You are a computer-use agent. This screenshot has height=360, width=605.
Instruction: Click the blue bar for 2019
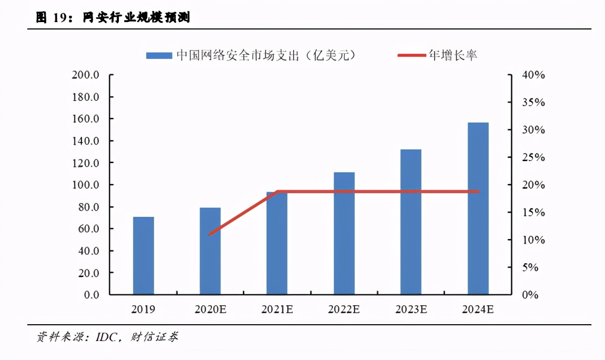143,255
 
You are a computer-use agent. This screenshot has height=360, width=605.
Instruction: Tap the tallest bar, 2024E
478,208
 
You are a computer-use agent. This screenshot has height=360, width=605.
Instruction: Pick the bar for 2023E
410,222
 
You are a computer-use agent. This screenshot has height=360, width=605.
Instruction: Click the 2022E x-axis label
344,309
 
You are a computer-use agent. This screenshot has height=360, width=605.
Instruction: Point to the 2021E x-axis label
277,309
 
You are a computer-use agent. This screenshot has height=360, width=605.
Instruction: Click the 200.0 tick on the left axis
86,75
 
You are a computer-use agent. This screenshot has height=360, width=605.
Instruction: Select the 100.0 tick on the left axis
86,185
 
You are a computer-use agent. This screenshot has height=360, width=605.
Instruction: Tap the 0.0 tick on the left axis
89,295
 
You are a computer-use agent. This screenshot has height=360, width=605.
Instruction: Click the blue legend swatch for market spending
159,55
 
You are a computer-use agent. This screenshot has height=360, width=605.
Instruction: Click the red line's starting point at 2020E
210,234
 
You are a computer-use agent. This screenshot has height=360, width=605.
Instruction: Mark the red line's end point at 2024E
478,192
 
